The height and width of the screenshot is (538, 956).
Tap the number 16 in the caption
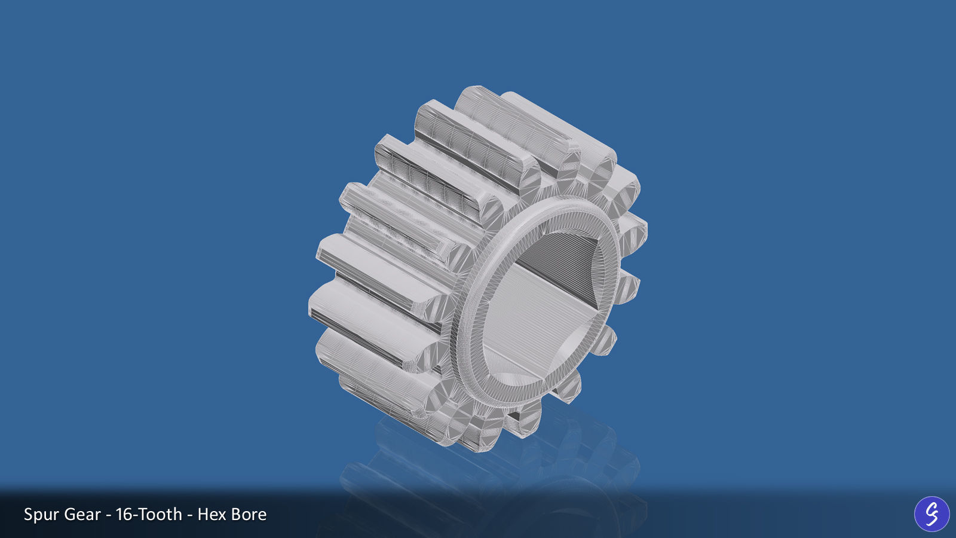coord(124,515)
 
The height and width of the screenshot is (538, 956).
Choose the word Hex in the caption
coord(210,515)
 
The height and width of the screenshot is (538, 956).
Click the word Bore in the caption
coord(248,515)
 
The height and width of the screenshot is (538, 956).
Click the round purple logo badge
coord(932,513)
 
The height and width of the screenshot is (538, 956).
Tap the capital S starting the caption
coord(28,515)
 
